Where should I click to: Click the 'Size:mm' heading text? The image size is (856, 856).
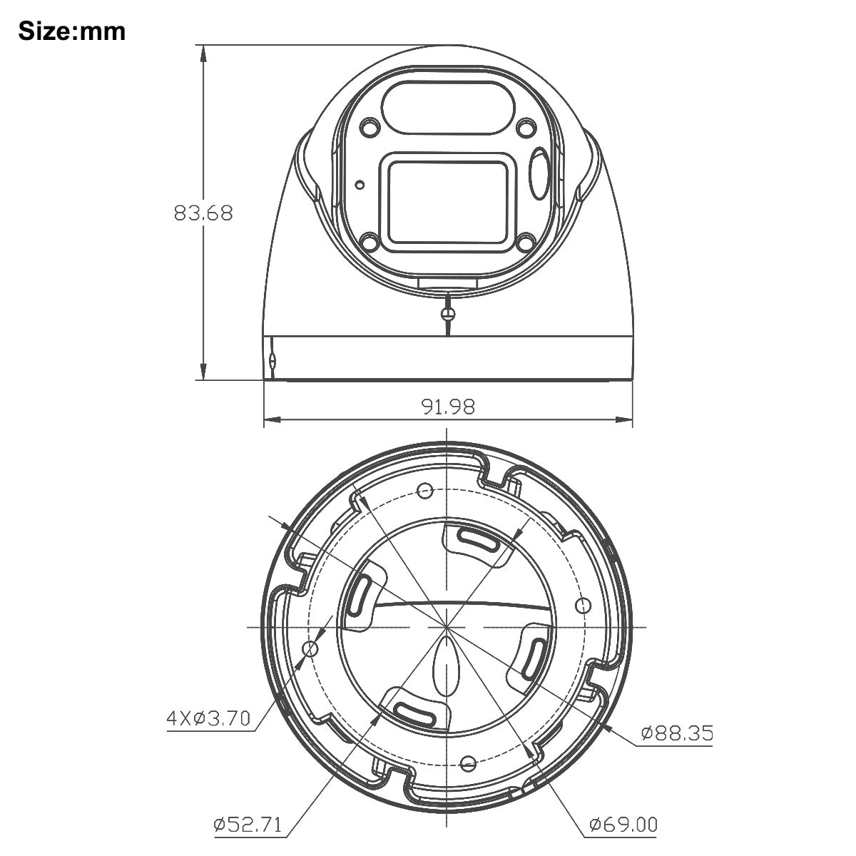pyautogui.click(x=71, y=31)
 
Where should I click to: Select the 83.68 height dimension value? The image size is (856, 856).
pyautogui.click(x=203, y=213)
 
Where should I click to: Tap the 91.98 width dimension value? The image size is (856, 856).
pyautogui.click(x=448, y=407)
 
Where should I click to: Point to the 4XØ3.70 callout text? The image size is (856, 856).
pyautogui.click(x=208, y=718)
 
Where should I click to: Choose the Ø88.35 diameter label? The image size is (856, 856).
pyautogui.click(x=676, y=733)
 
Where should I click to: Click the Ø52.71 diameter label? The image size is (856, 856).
pyautogui.click(x=248, y=825)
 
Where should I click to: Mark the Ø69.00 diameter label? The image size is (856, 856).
pyautogui.click(x=623, y=825)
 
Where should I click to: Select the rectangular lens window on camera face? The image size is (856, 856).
pyautogui.click(x=447, y=200)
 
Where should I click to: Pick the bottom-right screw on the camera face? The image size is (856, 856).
pyautogui.click(x=526, y=243)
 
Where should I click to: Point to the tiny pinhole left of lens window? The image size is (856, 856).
pyautogui.click(x=360, y=185)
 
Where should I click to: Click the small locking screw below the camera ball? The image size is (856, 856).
pyautogui.click(x=448, y=311)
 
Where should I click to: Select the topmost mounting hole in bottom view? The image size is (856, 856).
pyautogui.click(x=426, y=490)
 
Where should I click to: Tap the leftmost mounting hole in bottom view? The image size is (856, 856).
pyautogui.click(x=310, y=648)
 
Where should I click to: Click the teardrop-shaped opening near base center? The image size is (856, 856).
pyautogui.click(x=447, y=665)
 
